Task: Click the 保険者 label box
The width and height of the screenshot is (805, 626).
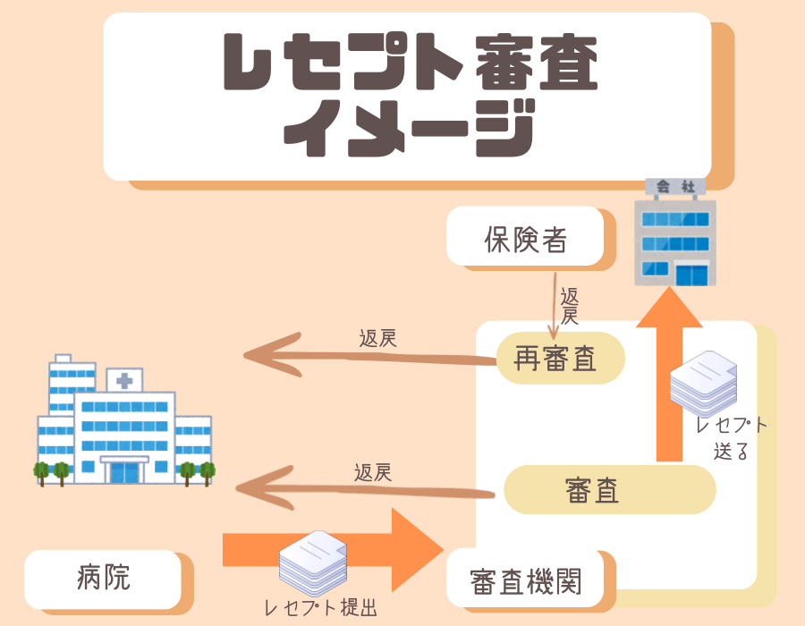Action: coord(525,237)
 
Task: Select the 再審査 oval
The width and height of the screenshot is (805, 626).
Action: coord(558,359)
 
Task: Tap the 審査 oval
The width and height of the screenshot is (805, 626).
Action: coord(608,489)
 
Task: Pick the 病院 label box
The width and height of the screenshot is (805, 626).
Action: coord(104,578)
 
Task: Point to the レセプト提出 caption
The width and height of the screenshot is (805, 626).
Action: coord(320,608)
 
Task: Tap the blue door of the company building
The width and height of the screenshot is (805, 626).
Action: coord(689,274)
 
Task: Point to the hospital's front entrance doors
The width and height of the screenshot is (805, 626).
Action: coord(124,471)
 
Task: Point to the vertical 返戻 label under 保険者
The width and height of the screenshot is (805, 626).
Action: coord(569,306)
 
